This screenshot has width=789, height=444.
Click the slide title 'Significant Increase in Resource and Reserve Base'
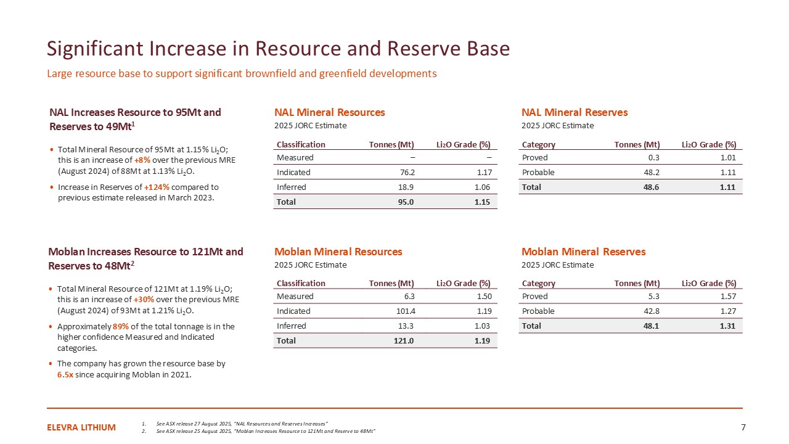click(x=279, y=49)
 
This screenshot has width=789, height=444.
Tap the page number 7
click(x=743, y=427)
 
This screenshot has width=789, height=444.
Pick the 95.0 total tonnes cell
click(x=404, y=202)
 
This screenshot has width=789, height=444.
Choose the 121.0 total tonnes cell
click(x=401, y=341)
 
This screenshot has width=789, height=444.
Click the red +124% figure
click(x=155, y=187)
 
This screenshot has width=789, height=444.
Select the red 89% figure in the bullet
click(x=120, y=326)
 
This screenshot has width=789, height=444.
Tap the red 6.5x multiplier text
click(x=65, y=374)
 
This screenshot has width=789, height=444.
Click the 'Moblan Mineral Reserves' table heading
click(x=583, y=252)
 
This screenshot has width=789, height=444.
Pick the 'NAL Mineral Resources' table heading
click(x=329, y=112)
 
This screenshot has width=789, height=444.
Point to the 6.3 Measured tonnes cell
click(x=407, y=297)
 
